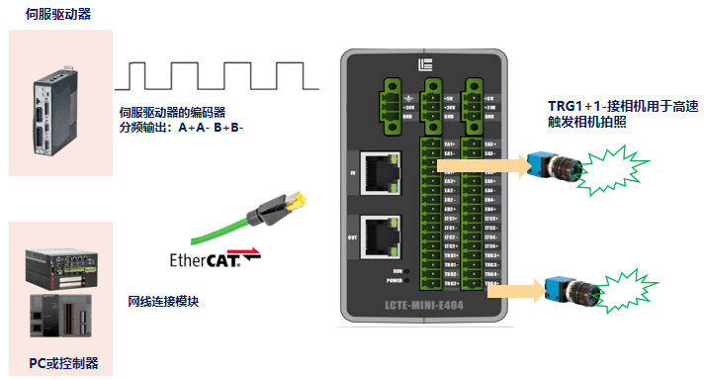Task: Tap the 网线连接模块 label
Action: [163, 301]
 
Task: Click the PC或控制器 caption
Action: [62, 361]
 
